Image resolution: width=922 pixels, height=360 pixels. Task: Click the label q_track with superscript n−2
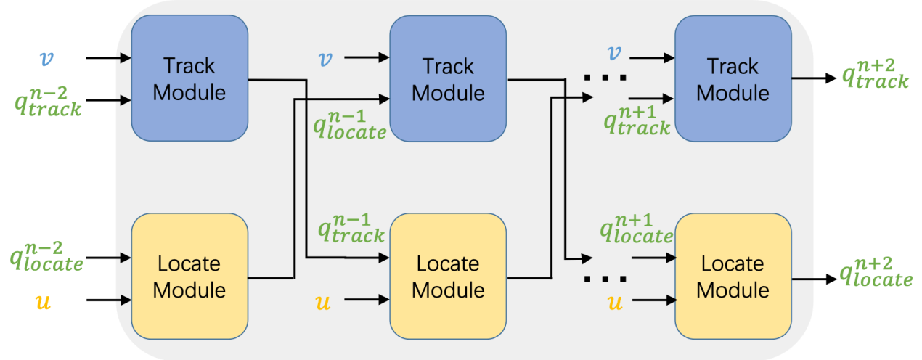click(48, 100)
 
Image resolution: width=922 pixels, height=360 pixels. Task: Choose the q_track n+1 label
click(637, 120)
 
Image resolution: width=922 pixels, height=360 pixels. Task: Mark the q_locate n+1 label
click(636, 227)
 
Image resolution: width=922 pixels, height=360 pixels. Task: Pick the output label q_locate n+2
click(876, 270)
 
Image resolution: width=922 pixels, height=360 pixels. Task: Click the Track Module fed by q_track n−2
click(189, 78)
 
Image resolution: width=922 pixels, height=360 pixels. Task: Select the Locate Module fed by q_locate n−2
click(189, 276)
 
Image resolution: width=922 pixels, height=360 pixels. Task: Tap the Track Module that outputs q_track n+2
click(733, 78)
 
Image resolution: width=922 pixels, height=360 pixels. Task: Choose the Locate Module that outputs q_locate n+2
click(733, 276)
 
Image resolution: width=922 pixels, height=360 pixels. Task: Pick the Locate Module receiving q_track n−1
click(448, 276)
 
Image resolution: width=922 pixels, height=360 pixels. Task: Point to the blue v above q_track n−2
click(47, 57)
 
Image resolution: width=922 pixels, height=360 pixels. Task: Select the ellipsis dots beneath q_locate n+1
click(605, 278)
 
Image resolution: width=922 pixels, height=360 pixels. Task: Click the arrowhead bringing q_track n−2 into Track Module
click(126, 99)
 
